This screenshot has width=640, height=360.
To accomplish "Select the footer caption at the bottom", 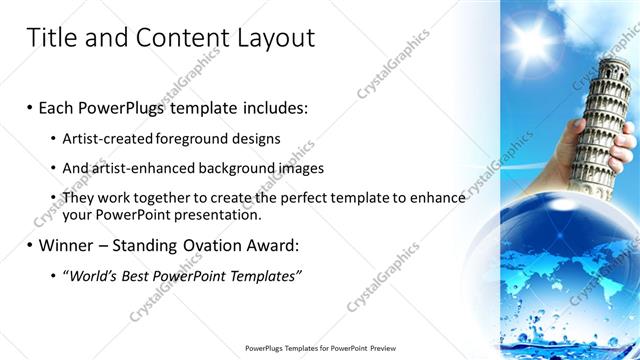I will click(x=319, y=348).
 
